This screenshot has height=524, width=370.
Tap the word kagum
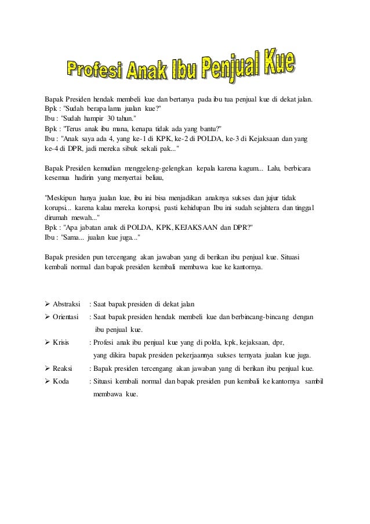click(x=248, y=168)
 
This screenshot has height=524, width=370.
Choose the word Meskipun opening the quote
click(x=62, y=198)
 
